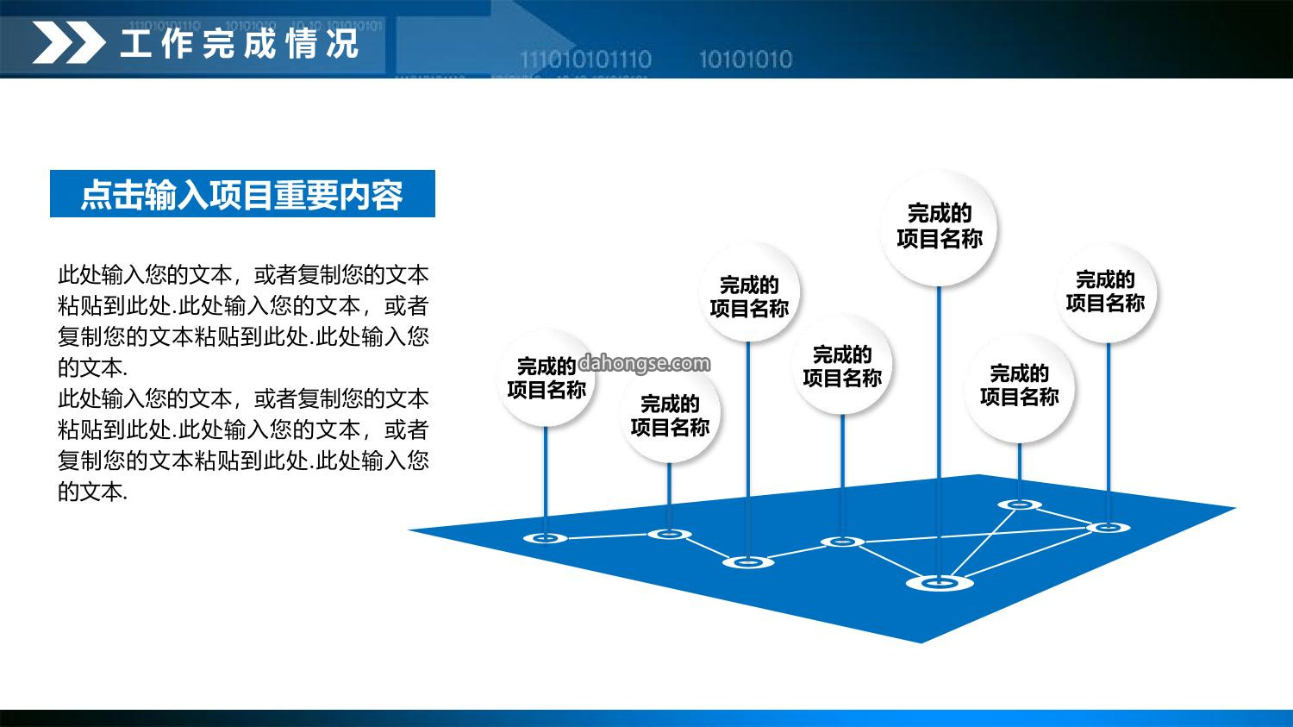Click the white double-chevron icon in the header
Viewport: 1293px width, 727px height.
click(x=69, y=42)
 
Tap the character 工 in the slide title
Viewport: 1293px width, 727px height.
click(x=135, y=43)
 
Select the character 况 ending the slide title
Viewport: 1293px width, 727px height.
click(x=343, y=43)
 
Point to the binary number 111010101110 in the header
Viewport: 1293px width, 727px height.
click(x=585, y=60)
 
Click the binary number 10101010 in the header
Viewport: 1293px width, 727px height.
click(x=746, y=60)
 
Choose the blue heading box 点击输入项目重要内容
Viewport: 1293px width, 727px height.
click(x=242, y=193)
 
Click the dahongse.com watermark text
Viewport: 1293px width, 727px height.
click(x=644, y=363)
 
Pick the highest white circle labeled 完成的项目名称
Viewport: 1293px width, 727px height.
click(x=939, y=228)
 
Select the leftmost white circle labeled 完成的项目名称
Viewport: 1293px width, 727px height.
click(x=546, y=379)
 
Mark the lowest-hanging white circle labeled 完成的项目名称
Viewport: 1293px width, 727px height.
click(x=670, y=416)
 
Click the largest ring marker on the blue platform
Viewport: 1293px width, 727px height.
click(x=940, y=583)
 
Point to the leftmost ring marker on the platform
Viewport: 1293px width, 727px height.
click(x=545, y=538)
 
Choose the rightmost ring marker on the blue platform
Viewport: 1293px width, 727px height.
click(x=1109, y=527)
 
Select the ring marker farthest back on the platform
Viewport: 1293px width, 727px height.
click(x=1020, y=505)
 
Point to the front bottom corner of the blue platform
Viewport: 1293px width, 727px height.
click(x=921, y=642)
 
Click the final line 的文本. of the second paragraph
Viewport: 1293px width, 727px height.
click(x=92, y=492)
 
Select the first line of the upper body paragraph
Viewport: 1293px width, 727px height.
click(x=243, y=275)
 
